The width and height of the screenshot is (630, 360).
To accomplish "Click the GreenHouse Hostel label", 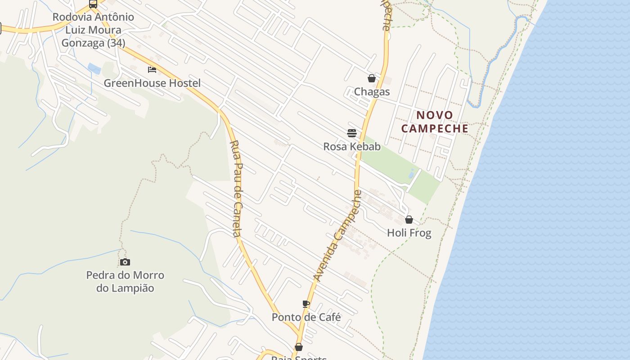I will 152,83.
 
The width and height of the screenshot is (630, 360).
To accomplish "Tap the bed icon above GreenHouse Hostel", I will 152,70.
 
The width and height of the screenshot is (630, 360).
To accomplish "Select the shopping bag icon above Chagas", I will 372,79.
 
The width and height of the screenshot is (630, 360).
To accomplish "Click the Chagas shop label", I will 372,92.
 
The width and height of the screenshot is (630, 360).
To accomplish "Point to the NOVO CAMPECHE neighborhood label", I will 435,121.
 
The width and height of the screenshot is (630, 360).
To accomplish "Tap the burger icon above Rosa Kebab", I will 352,133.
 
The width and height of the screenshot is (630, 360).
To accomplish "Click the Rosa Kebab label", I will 352,147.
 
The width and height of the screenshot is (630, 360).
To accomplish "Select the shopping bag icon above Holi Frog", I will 409,220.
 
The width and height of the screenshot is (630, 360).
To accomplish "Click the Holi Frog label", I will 409,233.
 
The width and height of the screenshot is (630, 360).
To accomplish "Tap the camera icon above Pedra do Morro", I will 125,262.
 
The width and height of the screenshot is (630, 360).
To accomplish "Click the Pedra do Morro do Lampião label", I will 125,282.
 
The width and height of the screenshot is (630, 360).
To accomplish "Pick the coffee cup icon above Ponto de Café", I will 306,304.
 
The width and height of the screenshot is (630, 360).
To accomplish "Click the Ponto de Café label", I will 306,317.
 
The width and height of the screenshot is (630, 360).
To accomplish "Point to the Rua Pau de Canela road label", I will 237,189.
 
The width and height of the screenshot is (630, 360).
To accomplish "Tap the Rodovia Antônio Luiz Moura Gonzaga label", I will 93,30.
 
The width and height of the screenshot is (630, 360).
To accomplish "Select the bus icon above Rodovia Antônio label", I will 93,4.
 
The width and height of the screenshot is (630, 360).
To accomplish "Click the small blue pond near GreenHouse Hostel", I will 94,69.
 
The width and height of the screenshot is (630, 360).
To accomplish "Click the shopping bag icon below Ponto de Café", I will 298,347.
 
